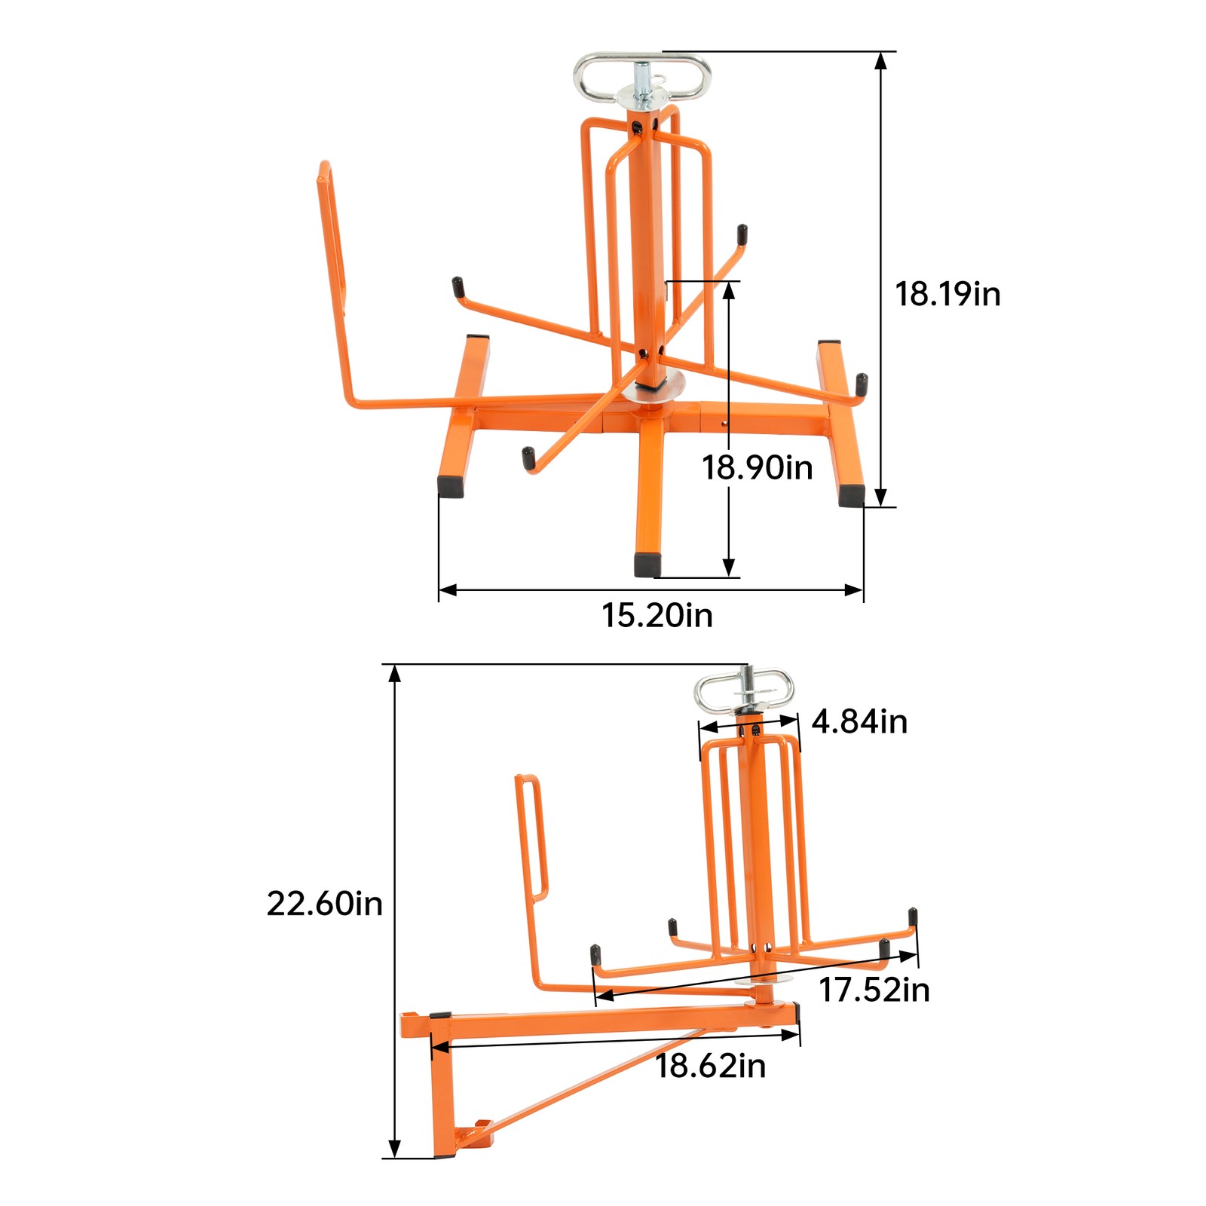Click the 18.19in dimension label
click(947, 294)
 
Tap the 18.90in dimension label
click(758, 468)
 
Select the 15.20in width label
click(657, 615)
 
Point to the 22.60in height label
click(324, 903)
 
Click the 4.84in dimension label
click(859, 722)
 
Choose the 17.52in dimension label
click(874, 990)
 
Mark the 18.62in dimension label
click(710, 1066)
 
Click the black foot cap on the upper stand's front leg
click(647, 565)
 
